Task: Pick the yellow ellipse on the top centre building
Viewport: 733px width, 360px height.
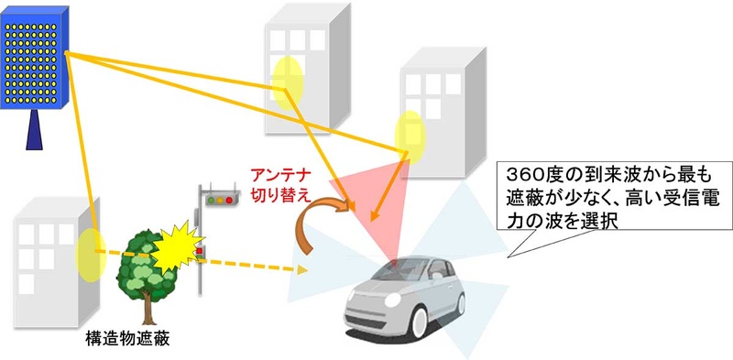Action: point(287,77)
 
